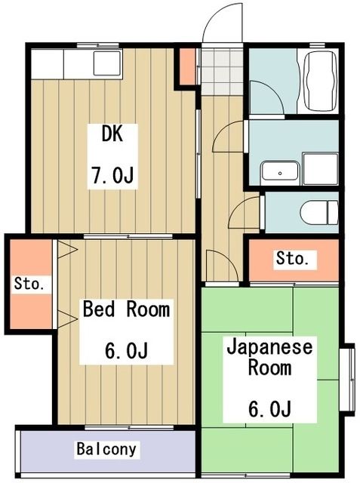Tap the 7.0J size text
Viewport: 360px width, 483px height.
point(113,177)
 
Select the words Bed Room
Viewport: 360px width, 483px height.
point(126,309)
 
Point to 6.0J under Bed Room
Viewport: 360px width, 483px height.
point(125,351)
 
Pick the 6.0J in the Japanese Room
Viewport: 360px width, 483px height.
point(269,409)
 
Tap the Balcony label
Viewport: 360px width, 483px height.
point(107,450)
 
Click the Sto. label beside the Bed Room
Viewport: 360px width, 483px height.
point(29,285)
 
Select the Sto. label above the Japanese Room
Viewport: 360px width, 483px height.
point(292,259)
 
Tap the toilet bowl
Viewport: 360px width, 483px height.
point(318,212)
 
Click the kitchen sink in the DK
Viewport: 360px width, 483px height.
point(106,63)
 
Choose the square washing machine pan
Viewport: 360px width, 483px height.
point(319,168)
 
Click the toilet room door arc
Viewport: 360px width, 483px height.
point(246,214)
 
